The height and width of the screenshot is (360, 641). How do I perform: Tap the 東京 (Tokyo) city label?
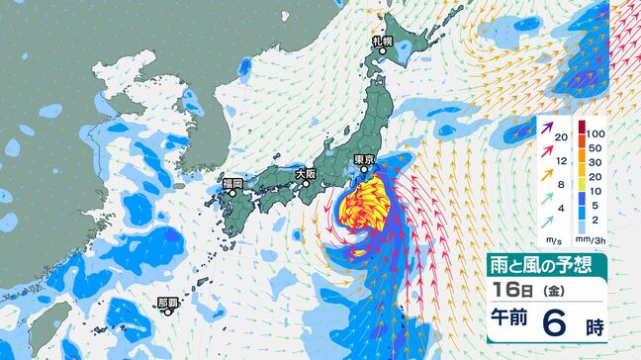(x=364, y=159)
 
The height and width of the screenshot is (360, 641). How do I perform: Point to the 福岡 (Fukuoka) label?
(x=232, y=183)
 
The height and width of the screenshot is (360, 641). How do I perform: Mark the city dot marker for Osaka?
(x=308, y=182)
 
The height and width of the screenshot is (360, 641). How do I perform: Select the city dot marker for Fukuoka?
(x=233, y=193)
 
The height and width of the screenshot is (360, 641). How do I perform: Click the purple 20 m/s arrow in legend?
(x=550, y=128)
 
